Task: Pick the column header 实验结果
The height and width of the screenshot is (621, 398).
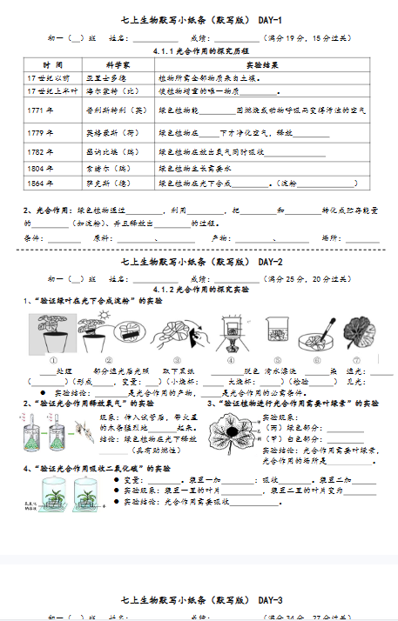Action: pos(261,65)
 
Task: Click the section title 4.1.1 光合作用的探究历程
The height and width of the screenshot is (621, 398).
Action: pos(199,51)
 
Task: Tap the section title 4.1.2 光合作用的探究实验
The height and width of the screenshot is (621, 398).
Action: pos(199,288)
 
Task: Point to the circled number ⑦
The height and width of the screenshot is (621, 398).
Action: pos(356,359)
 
